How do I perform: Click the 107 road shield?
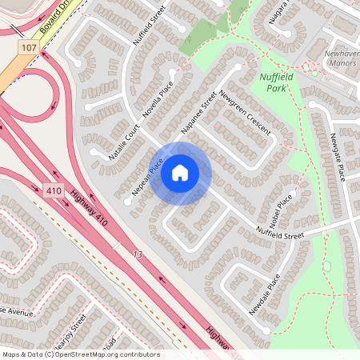click(30, 49)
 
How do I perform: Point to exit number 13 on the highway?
click(138, 254)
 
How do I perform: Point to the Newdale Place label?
click(265, 294)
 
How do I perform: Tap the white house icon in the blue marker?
click(180, 173)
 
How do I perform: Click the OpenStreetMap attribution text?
click(80, 354)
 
